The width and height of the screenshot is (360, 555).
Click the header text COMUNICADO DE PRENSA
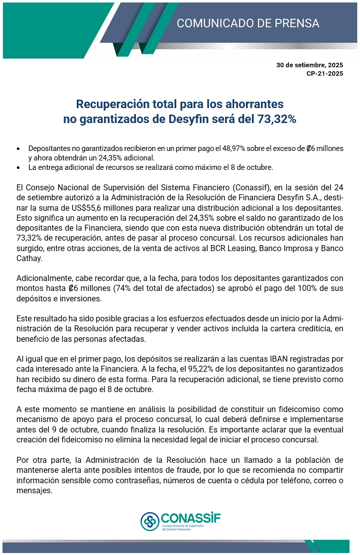248,23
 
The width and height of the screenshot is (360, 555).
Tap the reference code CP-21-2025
325,74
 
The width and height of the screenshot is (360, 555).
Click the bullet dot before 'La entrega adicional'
18,167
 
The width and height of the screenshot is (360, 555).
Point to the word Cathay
29,259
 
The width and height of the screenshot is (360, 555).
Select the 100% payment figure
293,289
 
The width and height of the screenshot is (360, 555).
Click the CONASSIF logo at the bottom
180,522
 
